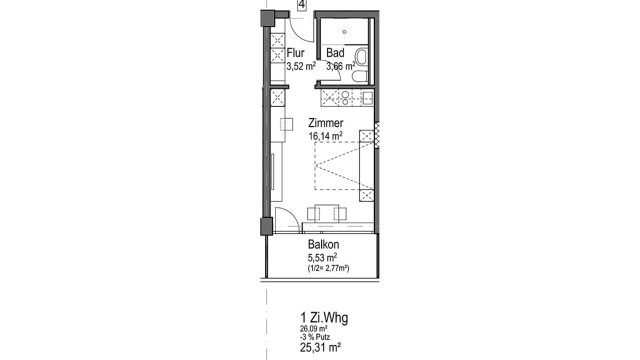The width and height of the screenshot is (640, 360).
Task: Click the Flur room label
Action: click(295, 53)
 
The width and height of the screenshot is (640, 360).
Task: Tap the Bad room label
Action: click(335, 53)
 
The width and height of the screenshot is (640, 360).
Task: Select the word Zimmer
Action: click(325, 123)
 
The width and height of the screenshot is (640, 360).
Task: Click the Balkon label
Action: click(323, 244)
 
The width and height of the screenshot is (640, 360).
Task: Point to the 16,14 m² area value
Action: click(325, 136)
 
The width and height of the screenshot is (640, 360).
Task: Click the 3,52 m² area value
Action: click(301, 66)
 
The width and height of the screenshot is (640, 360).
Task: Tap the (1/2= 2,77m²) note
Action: click(328, 268)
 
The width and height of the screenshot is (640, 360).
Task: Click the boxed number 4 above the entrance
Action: click(301, 5)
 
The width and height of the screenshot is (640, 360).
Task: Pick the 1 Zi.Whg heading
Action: click(324, 318)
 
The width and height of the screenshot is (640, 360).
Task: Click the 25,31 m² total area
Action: click(320, 347)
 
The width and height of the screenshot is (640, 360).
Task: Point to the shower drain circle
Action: click(344, 32)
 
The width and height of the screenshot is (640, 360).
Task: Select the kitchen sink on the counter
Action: click(367, 97)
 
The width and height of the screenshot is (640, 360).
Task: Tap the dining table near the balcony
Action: click(327, 213)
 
